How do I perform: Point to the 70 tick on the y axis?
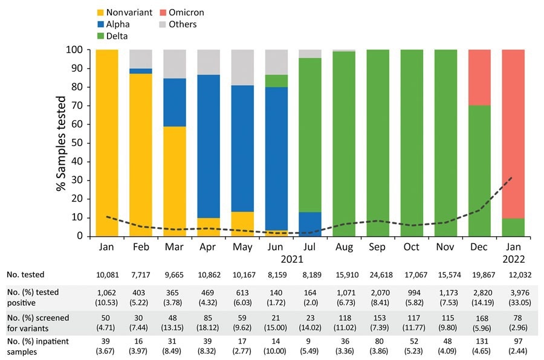tap(82, 105)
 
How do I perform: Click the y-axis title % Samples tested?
tap(61, 143)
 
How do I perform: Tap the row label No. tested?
tap(26, 275)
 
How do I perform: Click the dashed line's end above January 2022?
tap(511, 177)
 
